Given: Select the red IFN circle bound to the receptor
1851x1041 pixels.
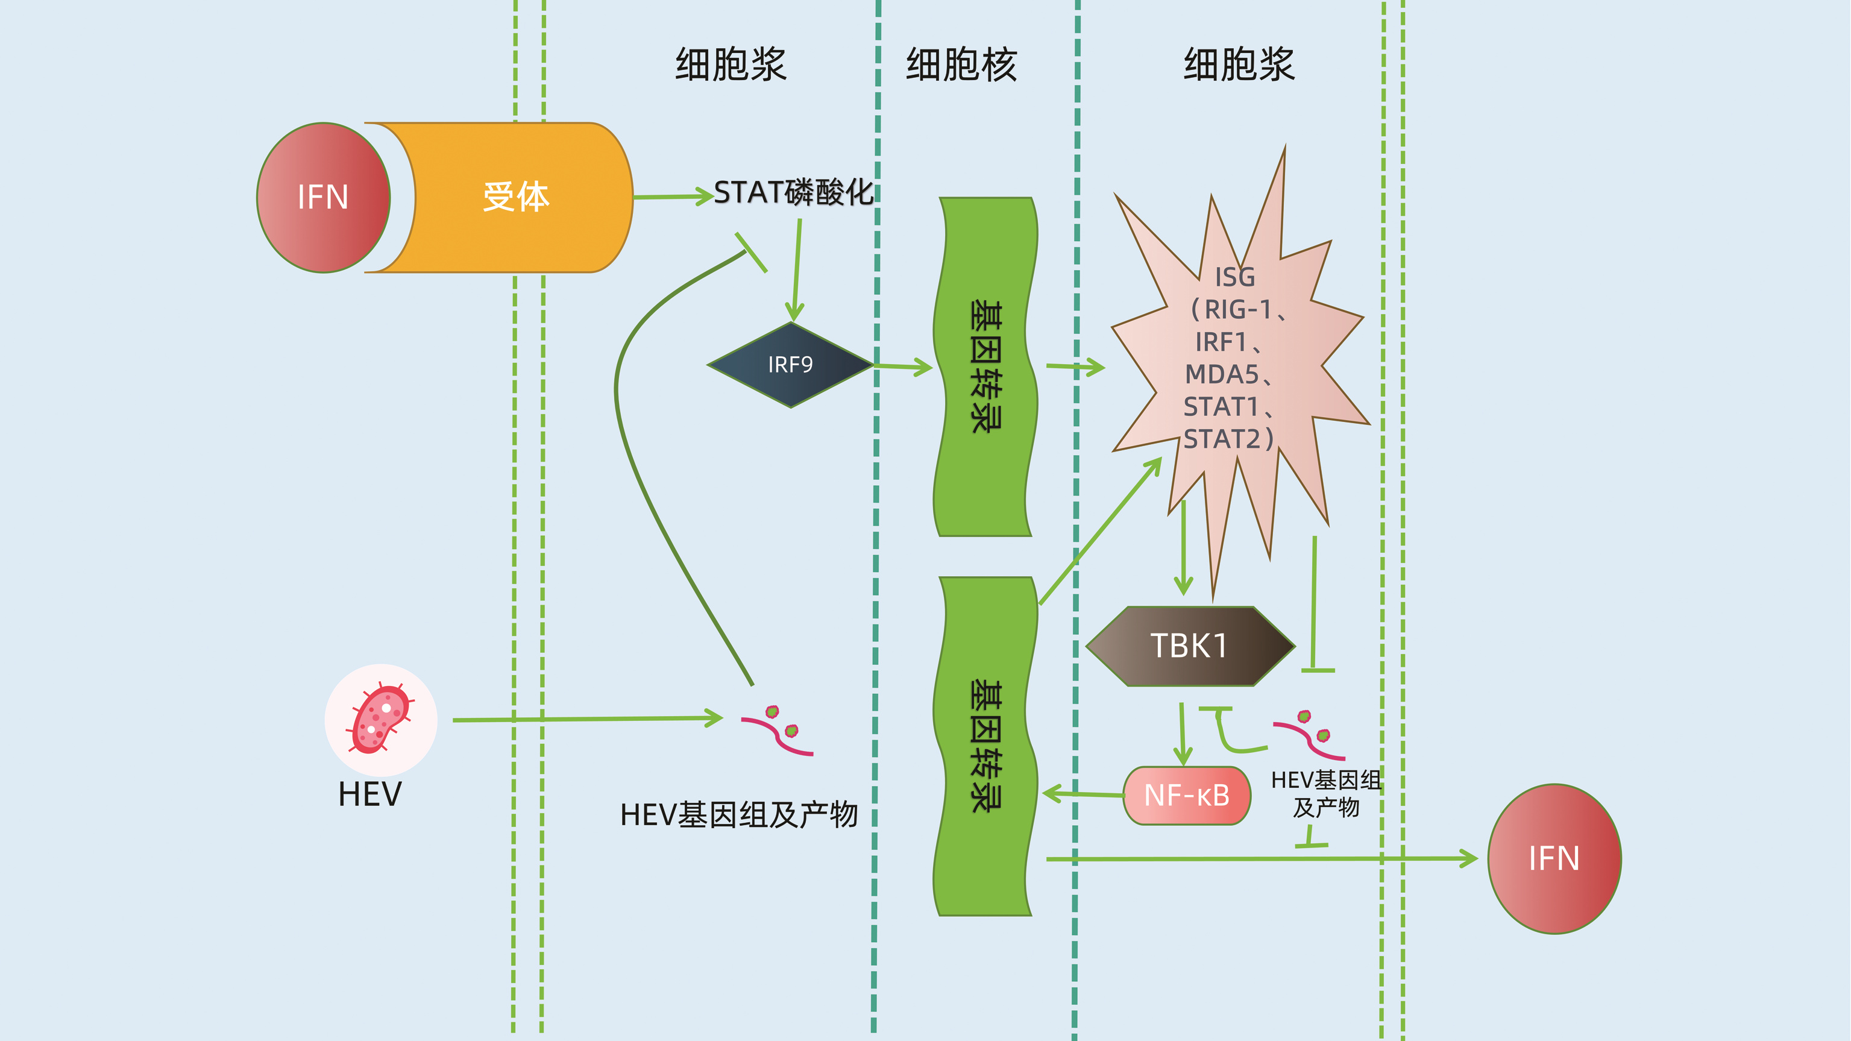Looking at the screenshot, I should tap(323, 198).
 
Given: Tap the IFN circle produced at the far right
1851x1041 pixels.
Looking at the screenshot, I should tap(1553, 858).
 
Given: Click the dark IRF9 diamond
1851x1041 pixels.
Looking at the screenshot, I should tap(790, 365).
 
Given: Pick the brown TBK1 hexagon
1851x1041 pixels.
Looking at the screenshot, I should tap(1190, 646).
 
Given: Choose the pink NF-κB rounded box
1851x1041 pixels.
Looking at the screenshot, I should tap(1186, 795).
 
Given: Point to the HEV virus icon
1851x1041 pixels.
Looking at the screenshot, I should tap(380, 719).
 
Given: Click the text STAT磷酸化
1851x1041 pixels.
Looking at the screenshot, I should tap(793, 192).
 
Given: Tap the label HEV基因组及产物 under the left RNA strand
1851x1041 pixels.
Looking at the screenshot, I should tap(739, 815).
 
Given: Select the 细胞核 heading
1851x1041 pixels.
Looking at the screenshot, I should tap(961, 64).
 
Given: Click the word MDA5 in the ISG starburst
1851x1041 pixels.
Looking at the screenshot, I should tap(1222, 374).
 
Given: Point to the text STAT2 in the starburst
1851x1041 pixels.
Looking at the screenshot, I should tap(1222, 439).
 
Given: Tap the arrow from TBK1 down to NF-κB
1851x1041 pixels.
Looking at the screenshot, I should tap(1182, 733).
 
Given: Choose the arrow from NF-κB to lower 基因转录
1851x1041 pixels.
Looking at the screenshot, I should tap(1082, 794).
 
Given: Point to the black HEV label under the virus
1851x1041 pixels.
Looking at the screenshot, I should tap(370, 794).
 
